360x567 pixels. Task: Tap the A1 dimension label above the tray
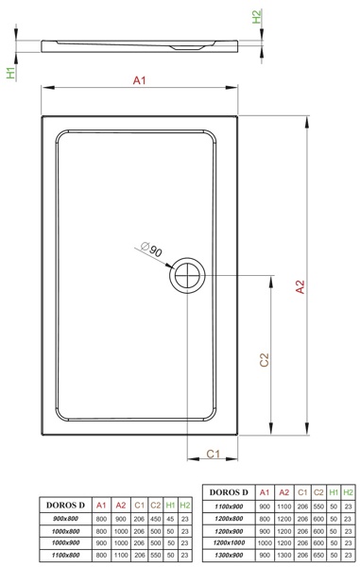140,80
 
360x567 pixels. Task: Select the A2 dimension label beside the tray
300,286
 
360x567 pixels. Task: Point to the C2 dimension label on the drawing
265,360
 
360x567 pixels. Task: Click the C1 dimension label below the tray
213,454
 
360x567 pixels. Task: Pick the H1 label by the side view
11,73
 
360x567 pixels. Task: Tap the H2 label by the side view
256,17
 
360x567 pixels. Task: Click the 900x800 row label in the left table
65,519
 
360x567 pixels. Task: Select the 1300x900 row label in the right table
229,555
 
